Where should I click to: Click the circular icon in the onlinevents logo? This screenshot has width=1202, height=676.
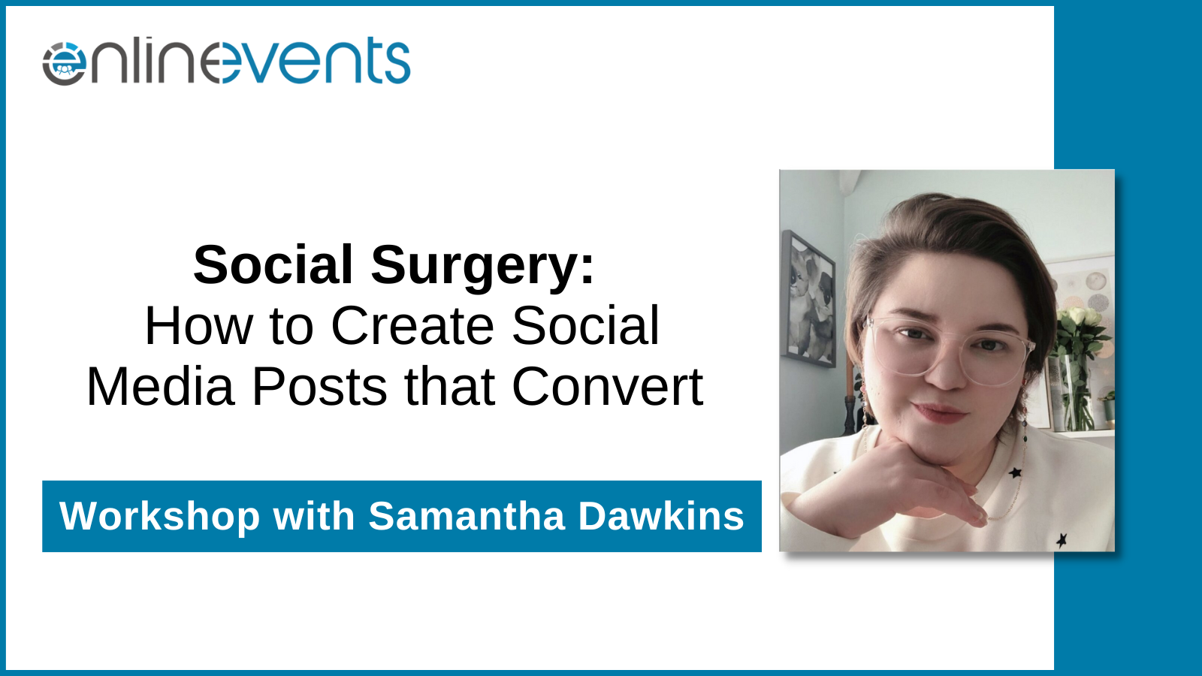pos(65,63)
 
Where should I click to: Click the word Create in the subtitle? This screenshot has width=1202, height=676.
pos(412,326)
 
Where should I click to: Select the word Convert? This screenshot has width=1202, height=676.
pos(608,386)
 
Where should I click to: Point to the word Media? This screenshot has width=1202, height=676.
pos(161,386)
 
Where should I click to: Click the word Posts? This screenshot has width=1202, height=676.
pos(319,386)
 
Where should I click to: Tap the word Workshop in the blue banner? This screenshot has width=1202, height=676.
pos(159,516)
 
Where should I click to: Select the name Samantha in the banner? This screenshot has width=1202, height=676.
pos(467,516)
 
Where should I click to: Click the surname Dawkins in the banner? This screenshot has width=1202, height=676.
pos(661,516)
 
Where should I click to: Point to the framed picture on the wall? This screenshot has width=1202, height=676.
pos(808,300)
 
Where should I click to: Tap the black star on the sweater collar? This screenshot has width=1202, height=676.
pos(1015,472)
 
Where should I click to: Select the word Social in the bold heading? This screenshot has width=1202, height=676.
pos(273,265)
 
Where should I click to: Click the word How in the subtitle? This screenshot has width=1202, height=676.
pos(198,326)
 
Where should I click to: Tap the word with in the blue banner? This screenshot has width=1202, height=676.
pos(314,516)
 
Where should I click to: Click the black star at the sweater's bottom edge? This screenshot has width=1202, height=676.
pos(1062,540)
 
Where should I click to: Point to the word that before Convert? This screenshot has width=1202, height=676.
pos(450,386)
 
